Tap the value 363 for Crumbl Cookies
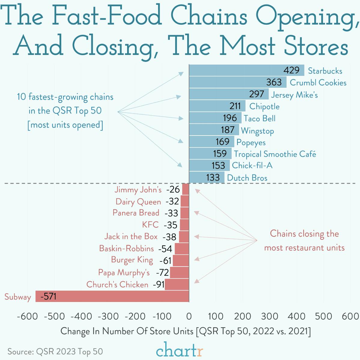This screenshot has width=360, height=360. pos(274,82)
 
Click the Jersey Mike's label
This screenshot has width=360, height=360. pos(294,95)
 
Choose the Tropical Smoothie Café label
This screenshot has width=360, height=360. pos(275,154)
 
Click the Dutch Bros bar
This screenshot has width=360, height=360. pos(206,177)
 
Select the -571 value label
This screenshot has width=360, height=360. pos(48,297)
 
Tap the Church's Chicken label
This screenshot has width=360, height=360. pos(117,285)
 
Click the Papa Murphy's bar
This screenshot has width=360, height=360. pos(179,273)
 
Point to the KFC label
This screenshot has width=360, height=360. pos(150,225)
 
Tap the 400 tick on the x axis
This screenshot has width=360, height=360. pos(296,316)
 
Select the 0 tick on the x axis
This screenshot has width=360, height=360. pos(189,316)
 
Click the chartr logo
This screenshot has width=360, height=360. pos(179,349)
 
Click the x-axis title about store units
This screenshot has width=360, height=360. pos(185,331)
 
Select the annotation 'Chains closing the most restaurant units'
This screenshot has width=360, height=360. pos(304,240)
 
